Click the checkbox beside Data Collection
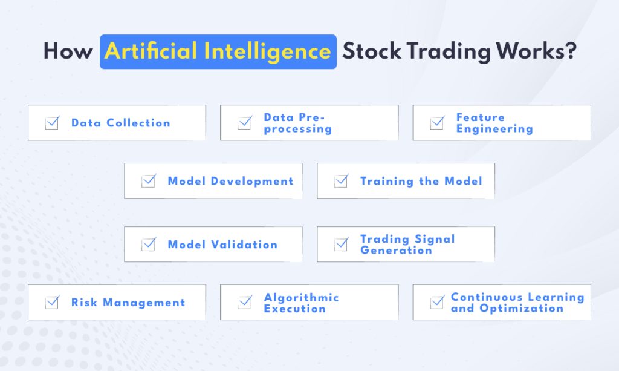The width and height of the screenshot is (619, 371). [52, 123]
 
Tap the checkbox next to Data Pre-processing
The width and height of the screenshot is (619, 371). [244, 123]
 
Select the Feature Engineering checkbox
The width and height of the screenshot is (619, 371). [436, 123]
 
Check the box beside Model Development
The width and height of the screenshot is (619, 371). [148, 181]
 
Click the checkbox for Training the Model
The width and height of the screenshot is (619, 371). [341, 181]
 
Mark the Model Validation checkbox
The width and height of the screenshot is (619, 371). [148, 245]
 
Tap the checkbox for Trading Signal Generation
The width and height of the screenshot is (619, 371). [341, 245]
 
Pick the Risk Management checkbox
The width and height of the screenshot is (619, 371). [52, 303]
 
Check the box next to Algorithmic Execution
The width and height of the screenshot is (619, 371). [244, 303]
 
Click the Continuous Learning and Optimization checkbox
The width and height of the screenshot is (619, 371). [436, 303]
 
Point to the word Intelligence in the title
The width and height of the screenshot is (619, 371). [267, 51]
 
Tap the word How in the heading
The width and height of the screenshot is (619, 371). [68, 51]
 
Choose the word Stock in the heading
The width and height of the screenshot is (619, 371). [372, 51]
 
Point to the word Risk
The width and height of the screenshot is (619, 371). [84, 303]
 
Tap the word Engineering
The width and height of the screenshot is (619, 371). [494, 129]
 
